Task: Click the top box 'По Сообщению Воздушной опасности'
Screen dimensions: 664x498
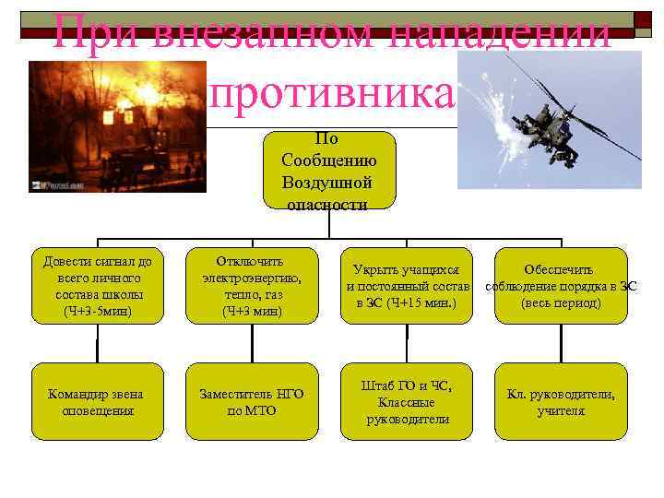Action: (x=326, y=171)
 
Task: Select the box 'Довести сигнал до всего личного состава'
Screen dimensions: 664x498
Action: (x=97, y=286)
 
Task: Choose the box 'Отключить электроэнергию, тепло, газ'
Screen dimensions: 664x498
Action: (x=252, y=286)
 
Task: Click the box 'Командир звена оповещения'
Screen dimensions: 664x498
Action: (x=97, y=402)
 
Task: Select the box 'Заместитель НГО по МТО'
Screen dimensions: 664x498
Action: (x=252, y=402)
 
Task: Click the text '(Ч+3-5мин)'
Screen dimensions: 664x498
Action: (x=98, y=312)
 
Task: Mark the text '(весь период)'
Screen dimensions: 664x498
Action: (x=561, y=302)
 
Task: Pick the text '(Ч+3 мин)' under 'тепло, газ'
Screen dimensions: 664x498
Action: (x=252, y=312)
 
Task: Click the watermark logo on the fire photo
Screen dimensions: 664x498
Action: (x=51, y=184)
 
